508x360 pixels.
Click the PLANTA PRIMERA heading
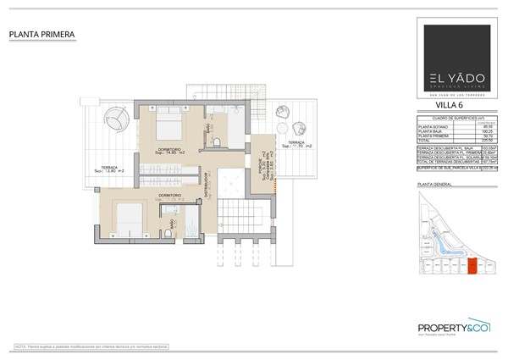point(42,34)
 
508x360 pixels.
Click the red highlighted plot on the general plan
point(472,268)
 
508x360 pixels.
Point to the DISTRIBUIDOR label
point(206,181)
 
